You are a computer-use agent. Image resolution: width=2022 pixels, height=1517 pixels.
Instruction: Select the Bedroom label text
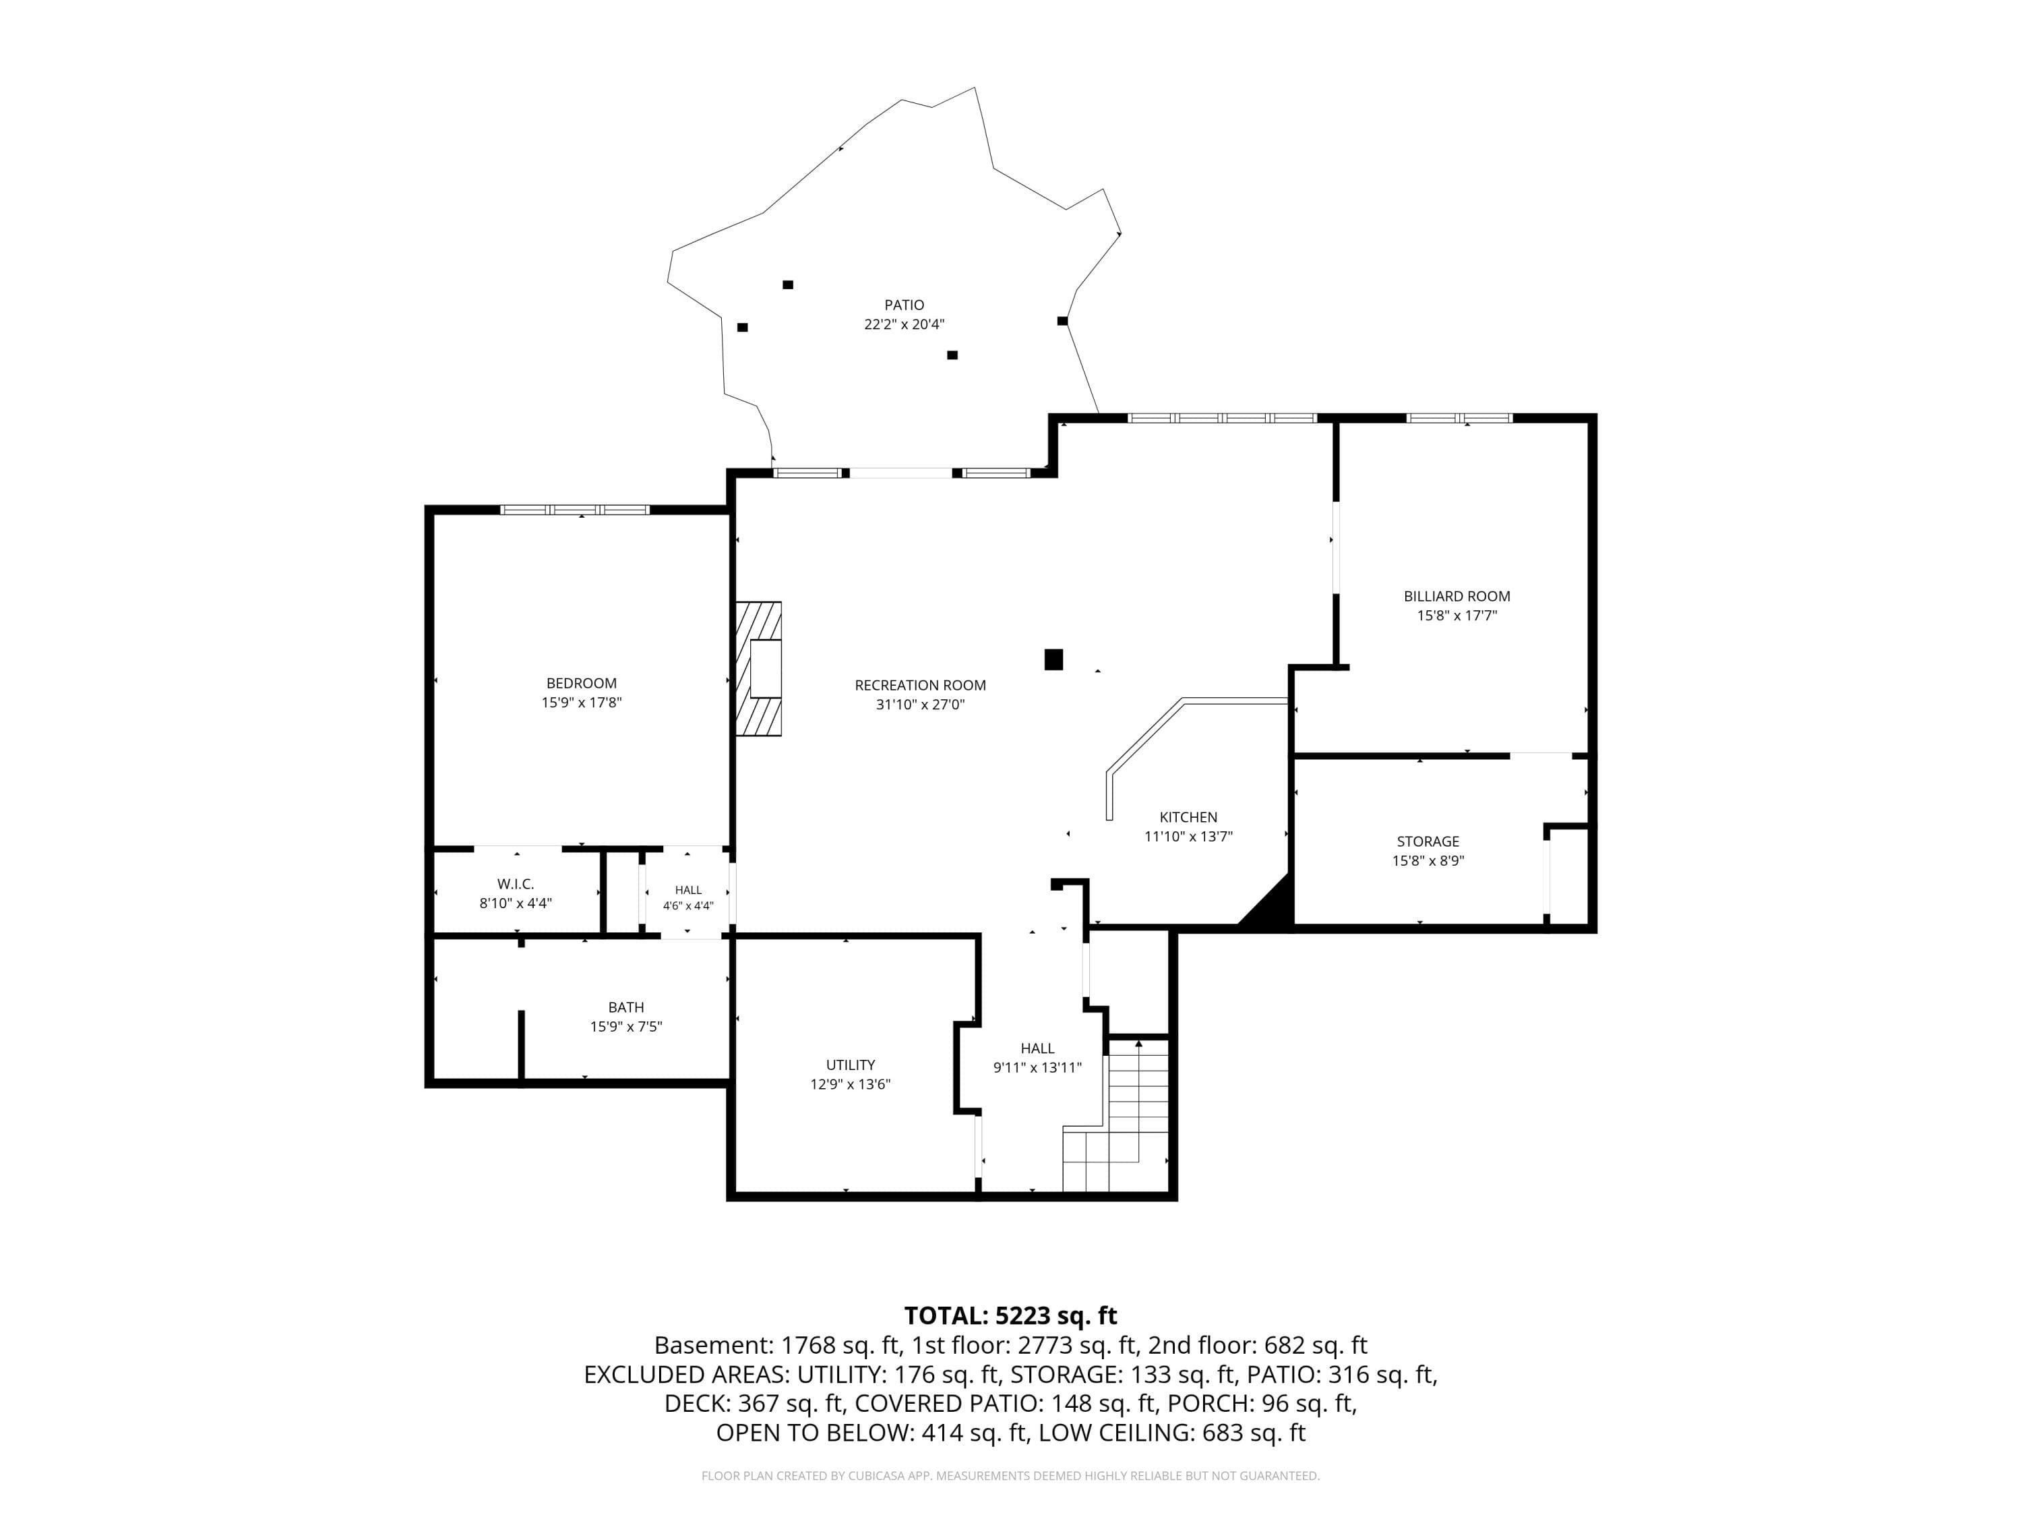pyautogui.click(x=582, y=683)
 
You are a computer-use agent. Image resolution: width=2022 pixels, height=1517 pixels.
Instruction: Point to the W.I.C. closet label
pyautogui.click(x=516, y=884)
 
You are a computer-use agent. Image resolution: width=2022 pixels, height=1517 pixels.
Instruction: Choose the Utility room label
pyautogui.click(x=850, y=1065)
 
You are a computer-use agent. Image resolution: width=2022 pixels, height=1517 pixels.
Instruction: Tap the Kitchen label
pyautogui.click(x=1188, y=817)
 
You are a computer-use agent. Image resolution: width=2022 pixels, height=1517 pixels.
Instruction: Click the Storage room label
pyautogui.click(x=1428, y=841)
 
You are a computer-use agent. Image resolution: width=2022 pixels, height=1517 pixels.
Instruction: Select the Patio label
pyautogui.click(x=904, y=305)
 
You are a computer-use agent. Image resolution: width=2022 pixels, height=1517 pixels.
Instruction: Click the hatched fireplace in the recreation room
pyautogui.click(x=759, y=668)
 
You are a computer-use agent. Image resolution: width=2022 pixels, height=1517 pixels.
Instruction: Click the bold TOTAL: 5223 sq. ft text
pyautogui.click(x=1010, y=1316)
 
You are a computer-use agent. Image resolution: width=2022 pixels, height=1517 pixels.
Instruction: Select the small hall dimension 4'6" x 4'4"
pyautogui.click(x=688, y=906)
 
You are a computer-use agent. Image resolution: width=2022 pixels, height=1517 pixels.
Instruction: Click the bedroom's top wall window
pyautogui.click(x=575, y=509)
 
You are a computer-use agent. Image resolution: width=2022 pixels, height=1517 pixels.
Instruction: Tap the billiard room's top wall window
pyautogui.click(x=1459, y=418)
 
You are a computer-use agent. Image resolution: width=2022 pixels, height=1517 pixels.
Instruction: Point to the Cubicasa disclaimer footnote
pyautogui.click(x=1010, y=1475)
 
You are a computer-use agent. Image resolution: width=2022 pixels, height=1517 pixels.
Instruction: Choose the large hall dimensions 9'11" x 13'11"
pyautogui.click(x=1037, y=1067)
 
